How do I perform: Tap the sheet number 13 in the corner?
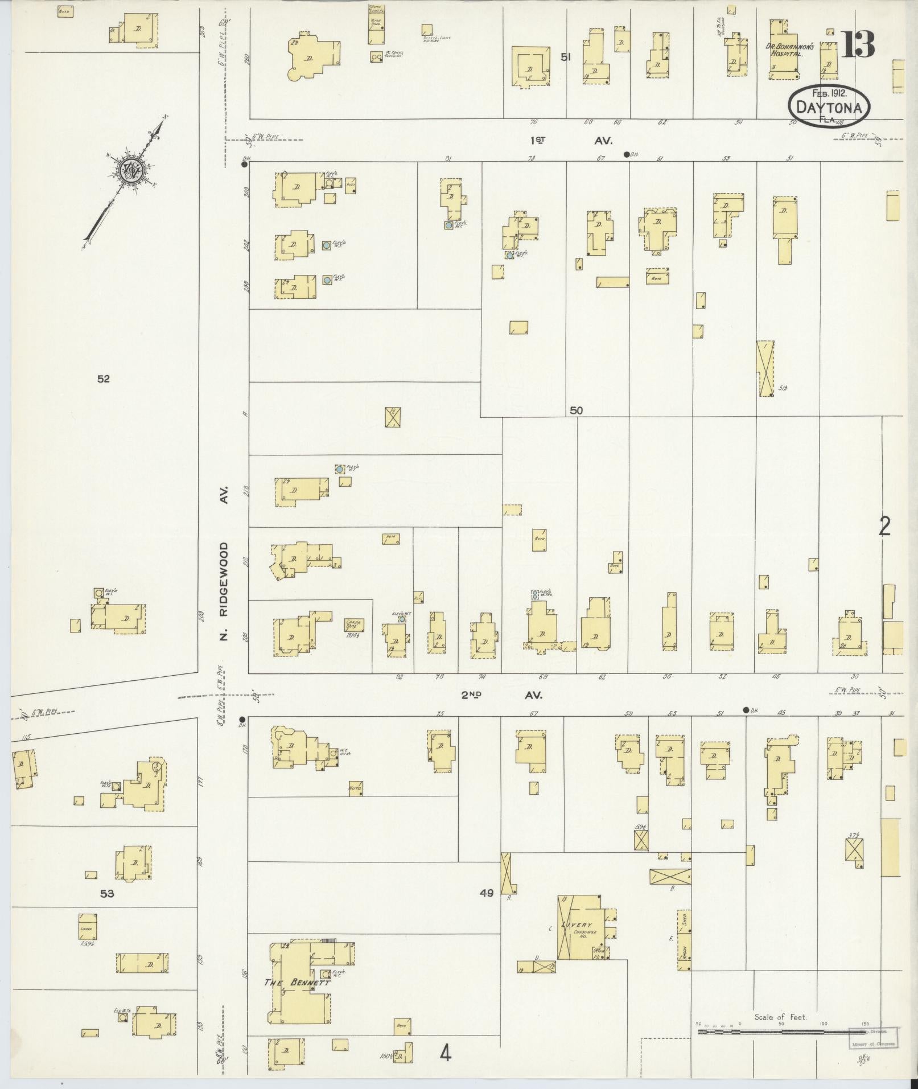(x=858, y=44)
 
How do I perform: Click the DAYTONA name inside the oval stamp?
(x=829, y=107)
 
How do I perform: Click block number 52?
(x=103, y=379)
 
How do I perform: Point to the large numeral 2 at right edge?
(x=884, y=527)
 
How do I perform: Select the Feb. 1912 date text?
(x=828, y=93)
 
